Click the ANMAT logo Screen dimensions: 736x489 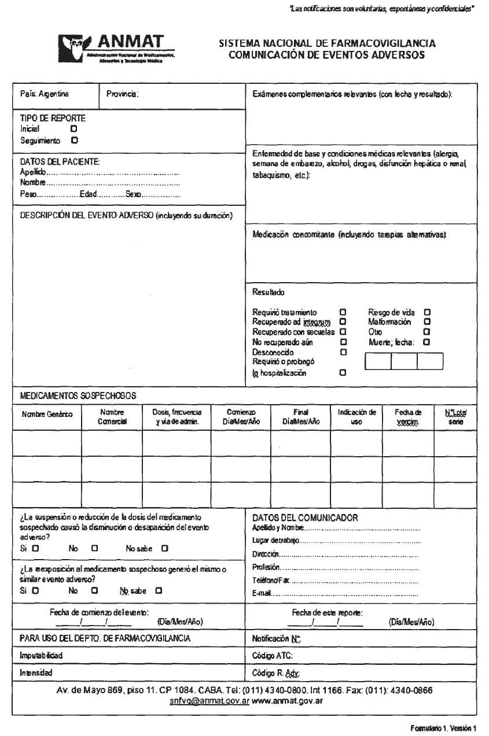coord(116,49)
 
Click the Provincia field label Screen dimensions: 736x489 coord(123,94)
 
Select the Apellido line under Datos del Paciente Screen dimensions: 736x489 coord(113,172)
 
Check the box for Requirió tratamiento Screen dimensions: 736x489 coord(343,312)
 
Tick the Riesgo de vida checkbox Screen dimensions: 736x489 coord(427,312)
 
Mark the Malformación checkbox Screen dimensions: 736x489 coord(427,322)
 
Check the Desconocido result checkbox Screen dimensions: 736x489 coord(343,352)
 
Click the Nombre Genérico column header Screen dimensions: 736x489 coord(47,415)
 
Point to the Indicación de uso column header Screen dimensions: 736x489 coord(356,417)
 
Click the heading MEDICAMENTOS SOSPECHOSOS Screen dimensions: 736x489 coord(78,396)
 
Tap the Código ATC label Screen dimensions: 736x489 coord(273,656)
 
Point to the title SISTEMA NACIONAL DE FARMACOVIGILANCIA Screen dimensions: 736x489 coord(327,43)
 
